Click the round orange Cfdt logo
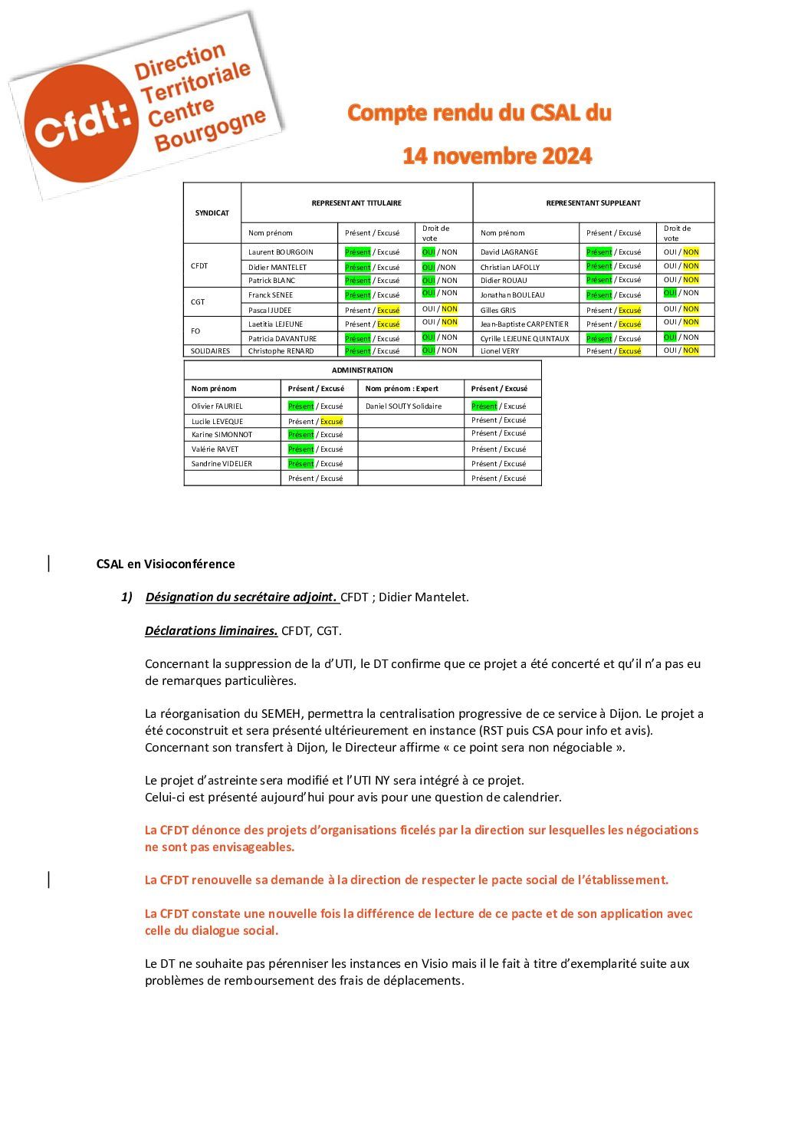tap(80, 123)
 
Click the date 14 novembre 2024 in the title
tap(497, 156)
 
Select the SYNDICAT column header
tap(212, 213)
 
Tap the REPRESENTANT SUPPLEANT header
tap(593, 203)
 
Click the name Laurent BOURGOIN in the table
tap(281, 252)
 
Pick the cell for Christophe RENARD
tap(281, 351)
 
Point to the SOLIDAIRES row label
tap(210, 351)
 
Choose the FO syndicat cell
tap(195, 331)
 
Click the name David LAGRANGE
tap(509, 252)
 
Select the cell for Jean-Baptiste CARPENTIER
tap(524, 324)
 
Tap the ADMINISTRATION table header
tap(362, 370)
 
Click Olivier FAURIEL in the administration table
tap(217, 406)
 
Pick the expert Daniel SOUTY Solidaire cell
tap(403, 406)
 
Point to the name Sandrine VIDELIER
tap(222, 464)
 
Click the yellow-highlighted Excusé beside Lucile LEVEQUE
tap(332, 422)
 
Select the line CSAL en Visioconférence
tap(166, 564)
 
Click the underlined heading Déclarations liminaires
tap(211, 631)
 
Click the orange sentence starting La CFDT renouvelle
tap(406, 880)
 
